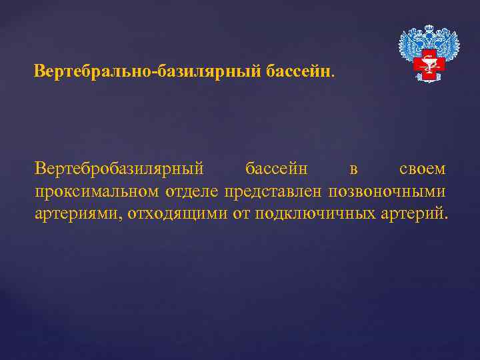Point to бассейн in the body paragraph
(277, 169)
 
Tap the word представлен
(273, 192)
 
